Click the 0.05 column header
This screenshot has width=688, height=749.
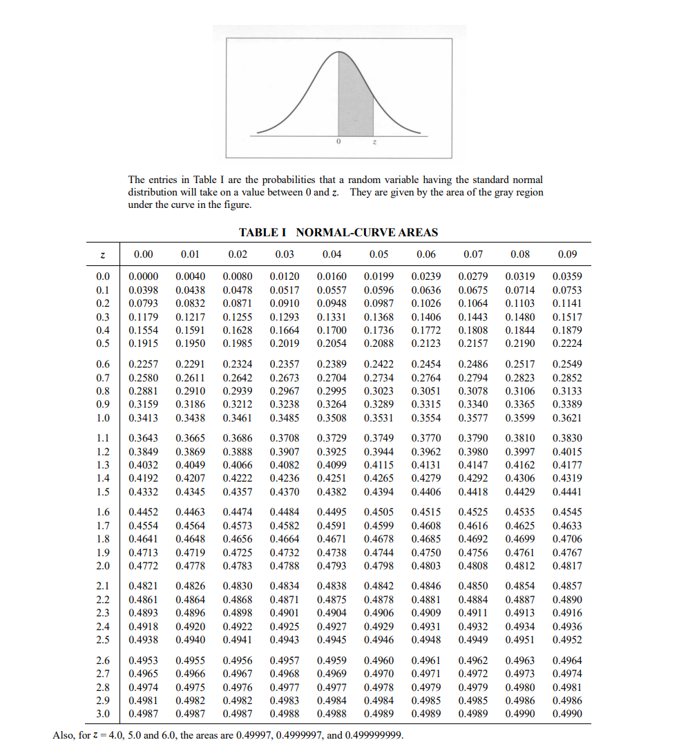coord(379,254)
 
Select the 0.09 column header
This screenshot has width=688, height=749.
coord(567,254)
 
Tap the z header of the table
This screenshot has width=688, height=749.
coord(102,254)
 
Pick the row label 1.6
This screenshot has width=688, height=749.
coord(103,512)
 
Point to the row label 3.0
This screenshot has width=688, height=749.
coord(103,713)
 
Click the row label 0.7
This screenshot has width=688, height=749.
coord(103,378)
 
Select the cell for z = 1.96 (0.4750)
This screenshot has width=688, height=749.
coord(426,553)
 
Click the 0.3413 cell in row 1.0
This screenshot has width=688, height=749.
coord(143,418)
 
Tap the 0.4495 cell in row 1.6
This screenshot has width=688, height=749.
coord(332,512)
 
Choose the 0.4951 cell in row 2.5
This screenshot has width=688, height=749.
coord(520,639)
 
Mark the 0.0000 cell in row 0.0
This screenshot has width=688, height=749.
coord(143,277)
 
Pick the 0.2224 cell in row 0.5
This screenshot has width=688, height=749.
coord(567,343)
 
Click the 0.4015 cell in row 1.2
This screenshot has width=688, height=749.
coord(567,452)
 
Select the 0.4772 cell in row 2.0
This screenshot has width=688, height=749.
coord(143,566)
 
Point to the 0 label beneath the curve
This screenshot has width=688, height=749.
coord(338,142)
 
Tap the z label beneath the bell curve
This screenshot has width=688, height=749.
coord(374,142)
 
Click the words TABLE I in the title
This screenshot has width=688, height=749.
coord(265,233)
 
